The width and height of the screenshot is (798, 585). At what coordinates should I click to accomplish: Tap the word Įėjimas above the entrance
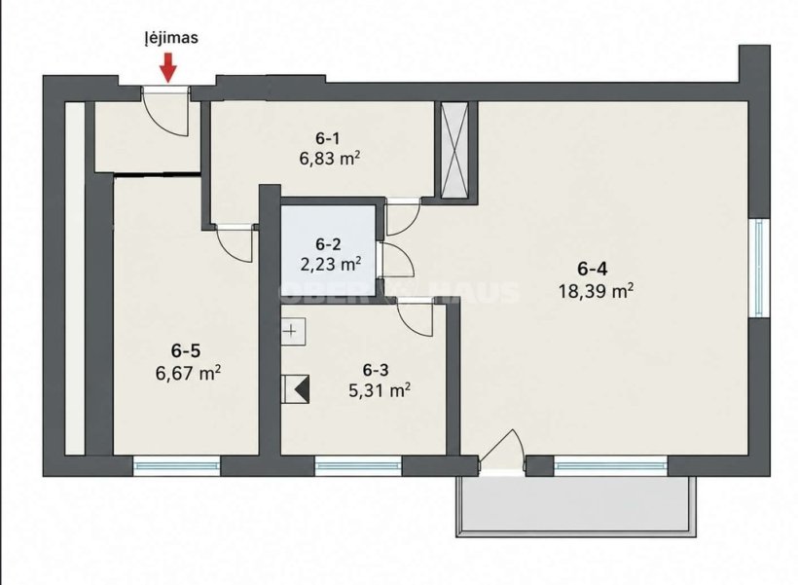tap(170, 38)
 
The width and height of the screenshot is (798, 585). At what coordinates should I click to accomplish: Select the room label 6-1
tap(328, 138)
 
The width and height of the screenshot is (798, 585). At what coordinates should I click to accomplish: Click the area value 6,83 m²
tap(329, 160)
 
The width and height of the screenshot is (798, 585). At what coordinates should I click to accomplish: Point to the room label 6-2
tap(328, 244)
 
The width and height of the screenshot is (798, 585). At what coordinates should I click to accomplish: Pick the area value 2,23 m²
tap(331, 265)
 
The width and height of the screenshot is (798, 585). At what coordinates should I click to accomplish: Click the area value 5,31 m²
tap(380, 390)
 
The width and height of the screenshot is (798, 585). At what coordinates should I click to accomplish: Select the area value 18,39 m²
tap(596, 291)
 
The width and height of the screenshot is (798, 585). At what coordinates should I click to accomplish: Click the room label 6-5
tap(185, 350)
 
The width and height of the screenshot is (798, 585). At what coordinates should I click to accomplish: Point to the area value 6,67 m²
tap(188, 373)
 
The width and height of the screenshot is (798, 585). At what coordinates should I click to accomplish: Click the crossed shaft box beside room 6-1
tap(454, 150)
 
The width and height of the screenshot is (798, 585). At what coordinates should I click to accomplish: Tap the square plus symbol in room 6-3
tap(294, 332)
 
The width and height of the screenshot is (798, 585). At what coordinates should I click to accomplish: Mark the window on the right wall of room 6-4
tap(759, 268)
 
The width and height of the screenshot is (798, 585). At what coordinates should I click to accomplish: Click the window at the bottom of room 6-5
tap(176, 465)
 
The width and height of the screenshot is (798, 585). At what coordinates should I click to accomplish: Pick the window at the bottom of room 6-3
tap(358, 465)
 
